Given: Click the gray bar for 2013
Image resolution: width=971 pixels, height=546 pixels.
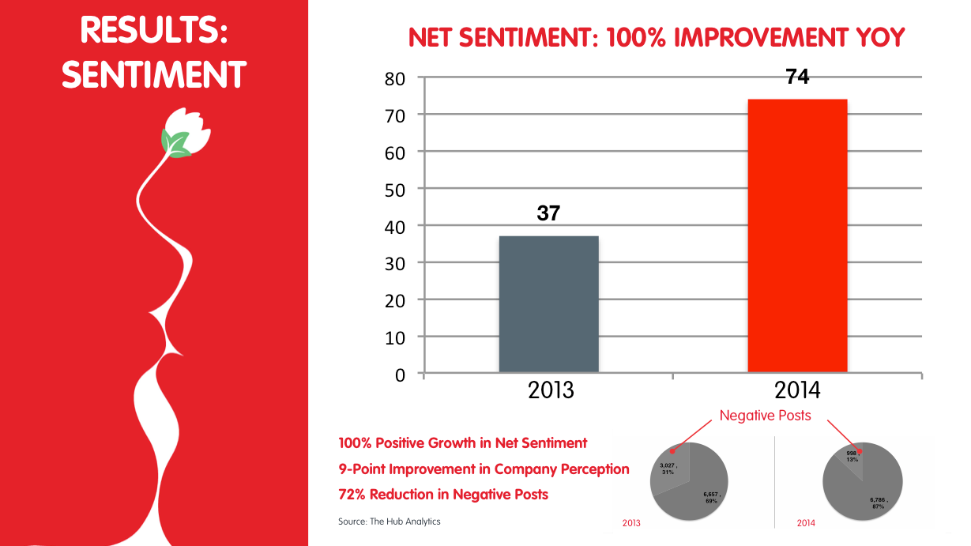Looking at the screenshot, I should tap(548, 304).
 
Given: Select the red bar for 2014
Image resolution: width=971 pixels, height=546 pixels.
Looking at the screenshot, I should tap(797, 235).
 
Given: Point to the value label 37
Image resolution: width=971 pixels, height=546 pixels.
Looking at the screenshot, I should tap(548, 213).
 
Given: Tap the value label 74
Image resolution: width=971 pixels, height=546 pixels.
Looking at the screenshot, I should tap(797, 77).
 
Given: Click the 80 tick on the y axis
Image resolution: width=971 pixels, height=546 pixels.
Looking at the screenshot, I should tap(395, 78).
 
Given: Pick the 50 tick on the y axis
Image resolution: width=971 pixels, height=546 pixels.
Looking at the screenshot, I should tap(395, 189).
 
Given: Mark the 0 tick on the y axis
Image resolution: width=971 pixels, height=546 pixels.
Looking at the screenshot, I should tap(400, 375).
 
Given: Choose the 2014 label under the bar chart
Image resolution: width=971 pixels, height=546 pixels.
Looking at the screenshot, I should tap(797, 390).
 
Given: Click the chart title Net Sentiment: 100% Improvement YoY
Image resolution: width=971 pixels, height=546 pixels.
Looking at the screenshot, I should tap(656, 37).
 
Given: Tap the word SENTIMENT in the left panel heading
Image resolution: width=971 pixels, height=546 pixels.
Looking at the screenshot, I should tap(154, 75).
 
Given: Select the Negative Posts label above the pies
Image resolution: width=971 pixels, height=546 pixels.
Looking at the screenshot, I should tap(765, 416).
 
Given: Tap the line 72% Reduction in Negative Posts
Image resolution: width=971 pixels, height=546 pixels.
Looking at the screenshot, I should tap(443, 495).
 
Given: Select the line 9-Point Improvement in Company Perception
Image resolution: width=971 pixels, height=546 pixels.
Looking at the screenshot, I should tap(484, 469).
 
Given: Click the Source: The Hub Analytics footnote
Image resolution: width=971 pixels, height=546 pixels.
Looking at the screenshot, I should tap(389, 522).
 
